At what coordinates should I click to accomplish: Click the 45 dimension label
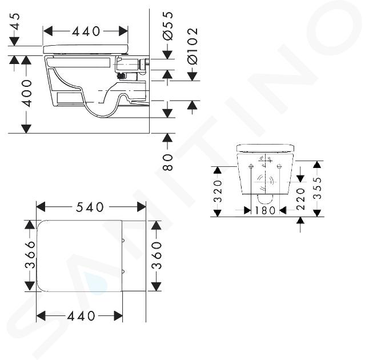pos(16,22)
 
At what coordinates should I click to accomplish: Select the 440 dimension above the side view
pos(86,31)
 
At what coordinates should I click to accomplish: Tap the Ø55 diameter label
pos(168,25)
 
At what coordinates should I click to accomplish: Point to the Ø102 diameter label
pos(192,46)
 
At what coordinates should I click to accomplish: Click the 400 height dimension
pos(26,94)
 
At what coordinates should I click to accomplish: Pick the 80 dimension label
pos(168,162)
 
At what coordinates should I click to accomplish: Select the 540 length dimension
pos(90,207)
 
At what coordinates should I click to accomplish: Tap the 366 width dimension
pos(30,255)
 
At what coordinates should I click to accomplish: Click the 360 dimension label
pos(157,255)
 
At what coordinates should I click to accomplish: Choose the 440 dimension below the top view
pos(81,316)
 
